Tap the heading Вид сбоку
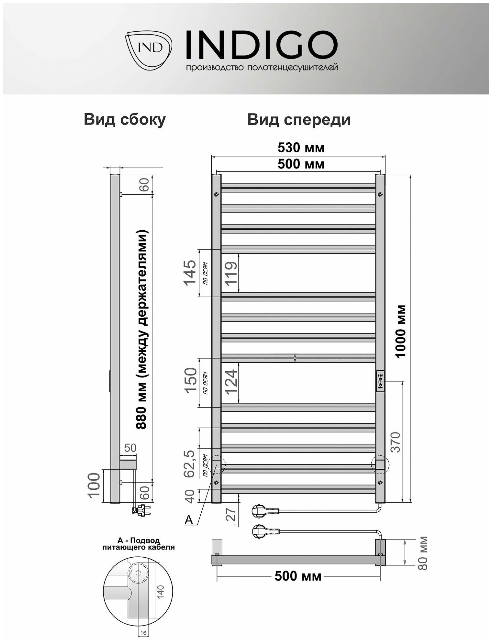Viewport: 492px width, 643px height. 125,120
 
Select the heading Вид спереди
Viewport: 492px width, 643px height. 299,120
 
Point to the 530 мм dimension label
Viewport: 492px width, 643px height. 301,148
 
